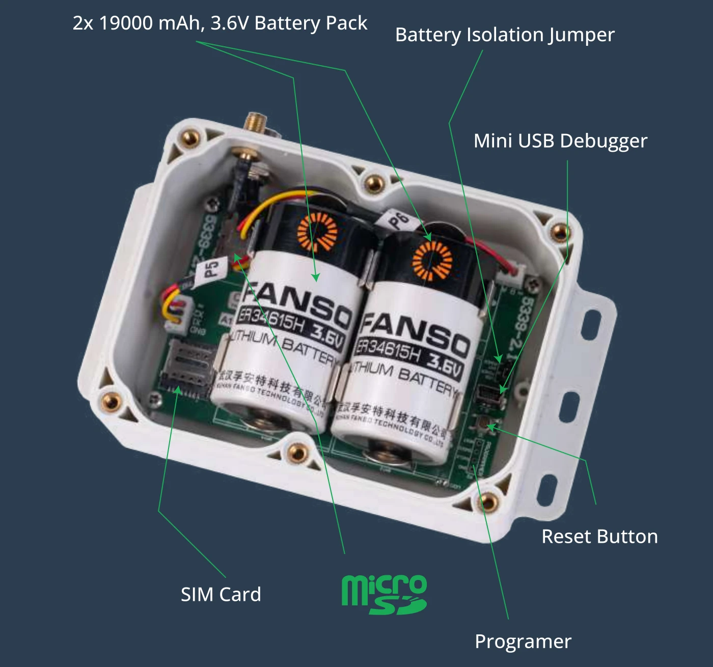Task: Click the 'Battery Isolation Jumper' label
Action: (x=505, y=35)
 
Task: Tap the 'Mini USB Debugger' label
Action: (x=560, y=141)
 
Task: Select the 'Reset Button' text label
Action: (x=599, y=537)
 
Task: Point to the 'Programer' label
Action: (x=523, y=642)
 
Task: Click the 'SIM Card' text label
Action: (x=221, y=594)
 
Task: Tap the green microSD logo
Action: (x=383, y=594)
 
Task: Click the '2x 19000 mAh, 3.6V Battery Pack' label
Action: (x=220, y=23)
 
